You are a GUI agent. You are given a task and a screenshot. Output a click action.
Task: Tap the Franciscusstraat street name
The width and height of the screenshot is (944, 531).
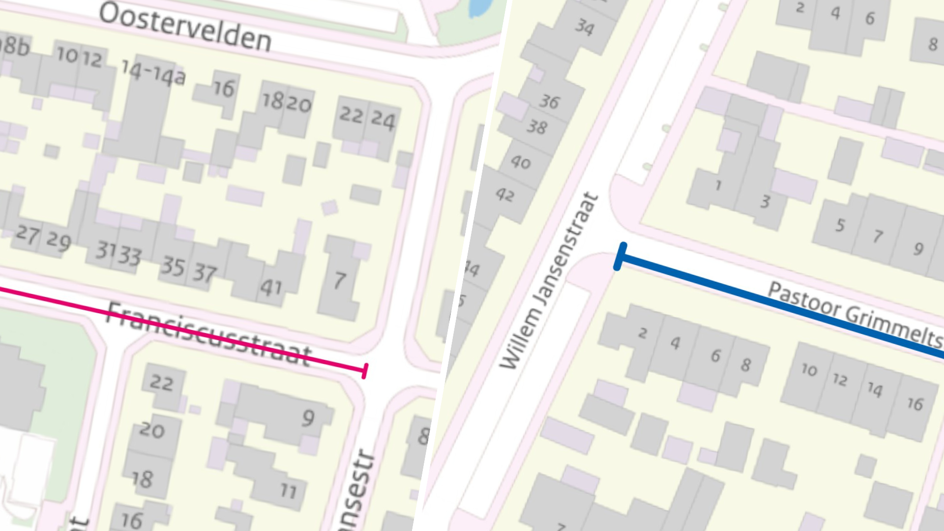209,334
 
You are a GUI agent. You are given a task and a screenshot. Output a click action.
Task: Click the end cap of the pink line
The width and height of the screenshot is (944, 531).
365,371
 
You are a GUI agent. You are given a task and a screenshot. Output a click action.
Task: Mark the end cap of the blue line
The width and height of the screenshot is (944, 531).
620,256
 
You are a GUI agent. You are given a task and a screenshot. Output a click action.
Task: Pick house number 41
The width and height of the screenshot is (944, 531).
271,288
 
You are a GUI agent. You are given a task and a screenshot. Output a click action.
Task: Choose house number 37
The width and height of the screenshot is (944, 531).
204,273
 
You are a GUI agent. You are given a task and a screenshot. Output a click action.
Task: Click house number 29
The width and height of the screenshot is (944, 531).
59,240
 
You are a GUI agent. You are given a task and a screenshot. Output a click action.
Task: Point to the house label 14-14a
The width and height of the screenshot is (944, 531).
153,73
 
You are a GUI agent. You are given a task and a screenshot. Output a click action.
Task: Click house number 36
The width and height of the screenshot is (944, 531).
549,102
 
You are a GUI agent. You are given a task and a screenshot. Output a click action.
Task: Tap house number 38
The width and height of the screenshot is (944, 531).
537,127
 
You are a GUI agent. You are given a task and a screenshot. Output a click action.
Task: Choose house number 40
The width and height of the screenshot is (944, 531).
521,161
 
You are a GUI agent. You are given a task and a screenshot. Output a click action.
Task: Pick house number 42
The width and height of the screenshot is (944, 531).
505,195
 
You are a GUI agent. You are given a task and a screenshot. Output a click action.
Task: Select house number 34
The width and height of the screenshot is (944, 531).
585,27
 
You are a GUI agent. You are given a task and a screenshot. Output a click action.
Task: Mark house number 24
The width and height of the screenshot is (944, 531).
383,119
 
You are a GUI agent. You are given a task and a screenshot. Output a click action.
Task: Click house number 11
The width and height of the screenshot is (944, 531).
289,490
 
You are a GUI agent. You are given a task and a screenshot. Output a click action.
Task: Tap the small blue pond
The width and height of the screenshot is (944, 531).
480,7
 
